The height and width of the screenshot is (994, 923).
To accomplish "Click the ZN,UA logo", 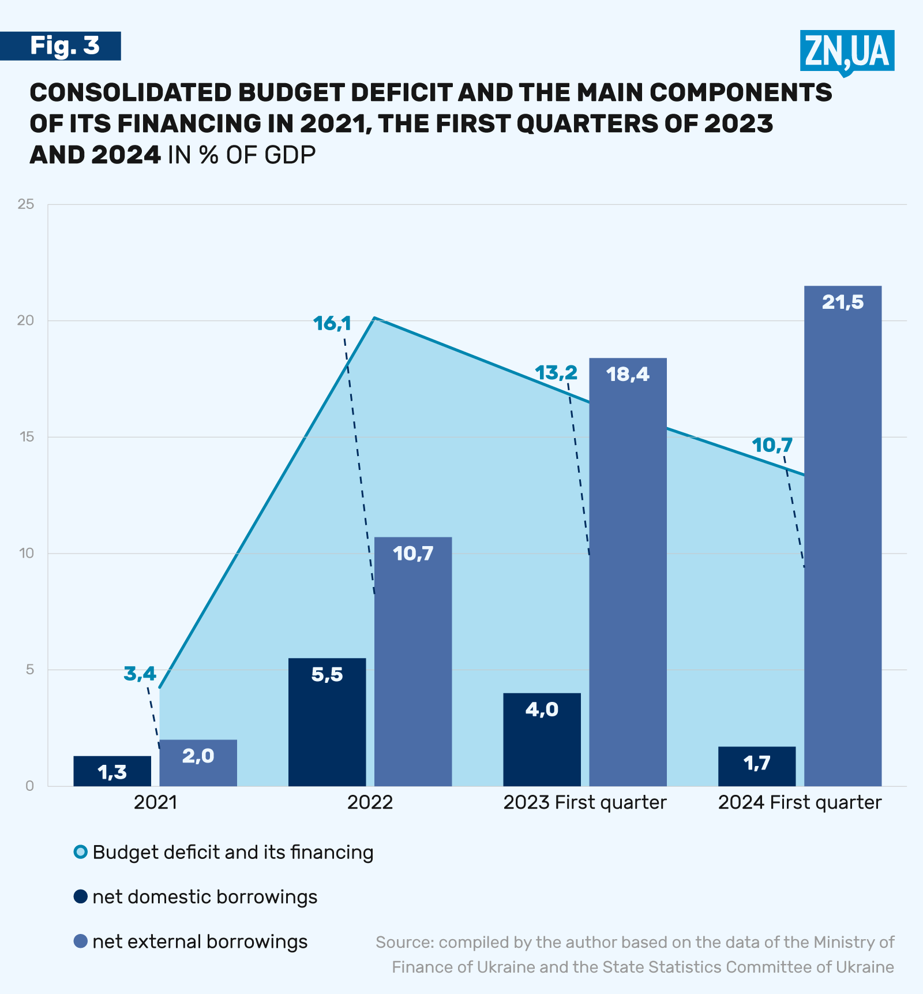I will pos(847,51).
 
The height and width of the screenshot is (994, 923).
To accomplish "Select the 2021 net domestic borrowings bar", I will pos(112,771).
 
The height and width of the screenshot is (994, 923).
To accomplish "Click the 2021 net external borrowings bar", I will pos(198,763).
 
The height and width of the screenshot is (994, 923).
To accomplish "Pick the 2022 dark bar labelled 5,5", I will pos(327,722).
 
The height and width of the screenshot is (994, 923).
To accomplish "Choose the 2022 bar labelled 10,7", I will pos(413,662).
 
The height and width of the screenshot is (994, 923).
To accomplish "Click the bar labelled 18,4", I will pos(628,571).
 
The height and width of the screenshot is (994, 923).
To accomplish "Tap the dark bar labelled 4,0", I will pos(542,739).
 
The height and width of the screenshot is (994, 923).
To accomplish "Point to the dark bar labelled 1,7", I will pos(757,766).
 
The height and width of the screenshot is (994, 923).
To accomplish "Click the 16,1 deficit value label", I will pos(332,323).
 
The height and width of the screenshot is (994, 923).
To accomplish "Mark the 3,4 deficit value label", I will pos(140,673).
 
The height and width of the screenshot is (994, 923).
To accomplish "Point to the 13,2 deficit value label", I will pos(556,373).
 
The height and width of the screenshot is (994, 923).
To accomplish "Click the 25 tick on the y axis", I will pos(26,204).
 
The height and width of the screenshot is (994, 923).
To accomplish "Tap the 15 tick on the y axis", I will pos(26,437).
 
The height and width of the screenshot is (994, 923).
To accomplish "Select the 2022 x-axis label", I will pos(370,802).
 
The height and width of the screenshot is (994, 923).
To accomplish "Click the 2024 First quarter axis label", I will pos(800,802).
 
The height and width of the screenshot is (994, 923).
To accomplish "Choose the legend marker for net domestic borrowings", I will pos(81,896).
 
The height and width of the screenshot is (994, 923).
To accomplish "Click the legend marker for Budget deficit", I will pos(81,852).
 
